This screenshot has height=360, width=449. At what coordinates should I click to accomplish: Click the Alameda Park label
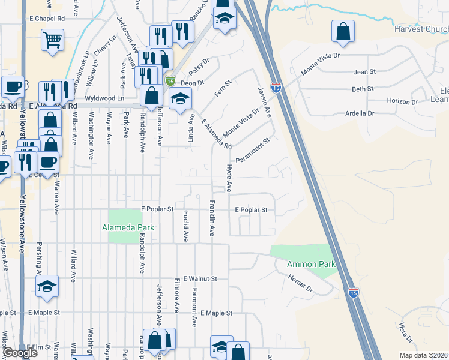[128, 228]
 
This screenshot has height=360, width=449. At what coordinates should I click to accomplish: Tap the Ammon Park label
[311, 265]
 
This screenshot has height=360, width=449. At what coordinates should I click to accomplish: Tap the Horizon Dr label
[402, 101]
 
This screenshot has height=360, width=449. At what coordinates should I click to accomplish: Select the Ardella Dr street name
[360, 113]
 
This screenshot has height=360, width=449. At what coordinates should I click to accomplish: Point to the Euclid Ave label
[185, 226]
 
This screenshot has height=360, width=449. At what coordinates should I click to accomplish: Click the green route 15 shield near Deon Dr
[170, 81]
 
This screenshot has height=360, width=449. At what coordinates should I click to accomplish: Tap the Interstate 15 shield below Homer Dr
[354, 292]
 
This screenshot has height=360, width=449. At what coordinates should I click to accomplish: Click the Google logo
[20, 353]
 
